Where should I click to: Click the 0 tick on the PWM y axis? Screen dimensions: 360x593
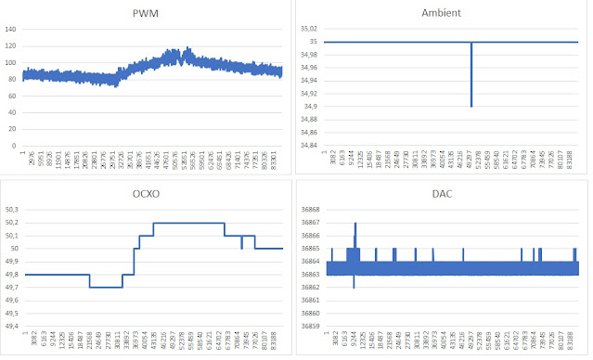click(x=15, y=146)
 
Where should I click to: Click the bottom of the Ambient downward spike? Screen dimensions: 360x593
click(x=471, y=106)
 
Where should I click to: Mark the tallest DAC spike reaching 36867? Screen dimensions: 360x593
click(x=355, y=224)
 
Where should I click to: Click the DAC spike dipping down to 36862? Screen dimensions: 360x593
click(x=355, y=287)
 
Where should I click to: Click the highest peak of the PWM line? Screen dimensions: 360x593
click(x=187, y=48)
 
